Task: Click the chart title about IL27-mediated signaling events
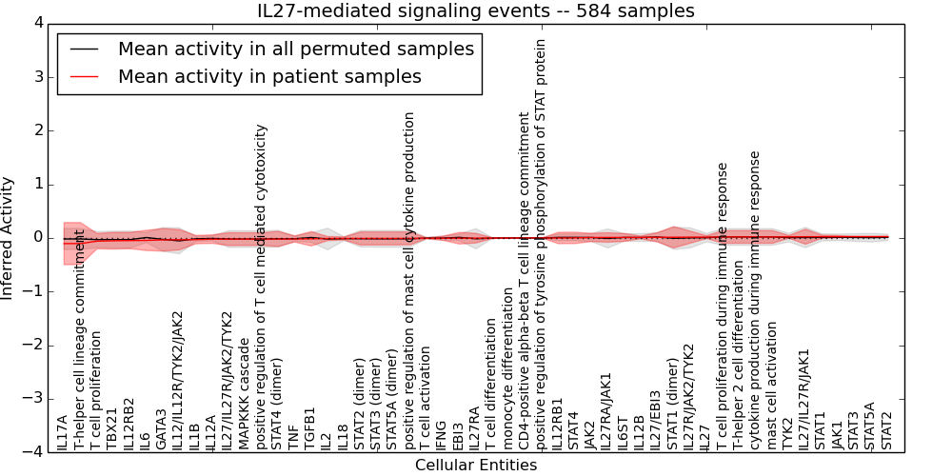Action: (x=476, y=10)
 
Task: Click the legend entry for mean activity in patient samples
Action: (x=269, y=76)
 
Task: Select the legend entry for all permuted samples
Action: (x=295, y=49)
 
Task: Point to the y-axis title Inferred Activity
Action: (x=9, y=238)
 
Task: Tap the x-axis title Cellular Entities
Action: (x=476, y=465)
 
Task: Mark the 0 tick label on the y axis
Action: (x=38, y=238)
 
